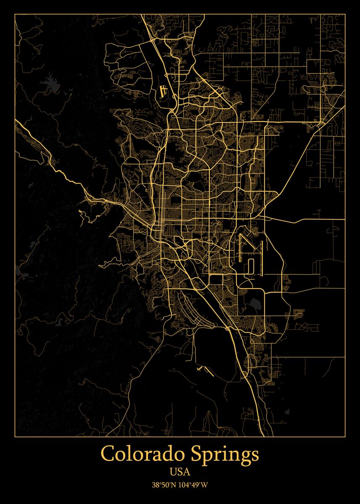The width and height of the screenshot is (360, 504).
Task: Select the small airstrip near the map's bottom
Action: pos(205,369)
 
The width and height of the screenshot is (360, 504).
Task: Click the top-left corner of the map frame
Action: pos(15,14)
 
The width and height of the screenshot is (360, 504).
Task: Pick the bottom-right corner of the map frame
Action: pos(345,436)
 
